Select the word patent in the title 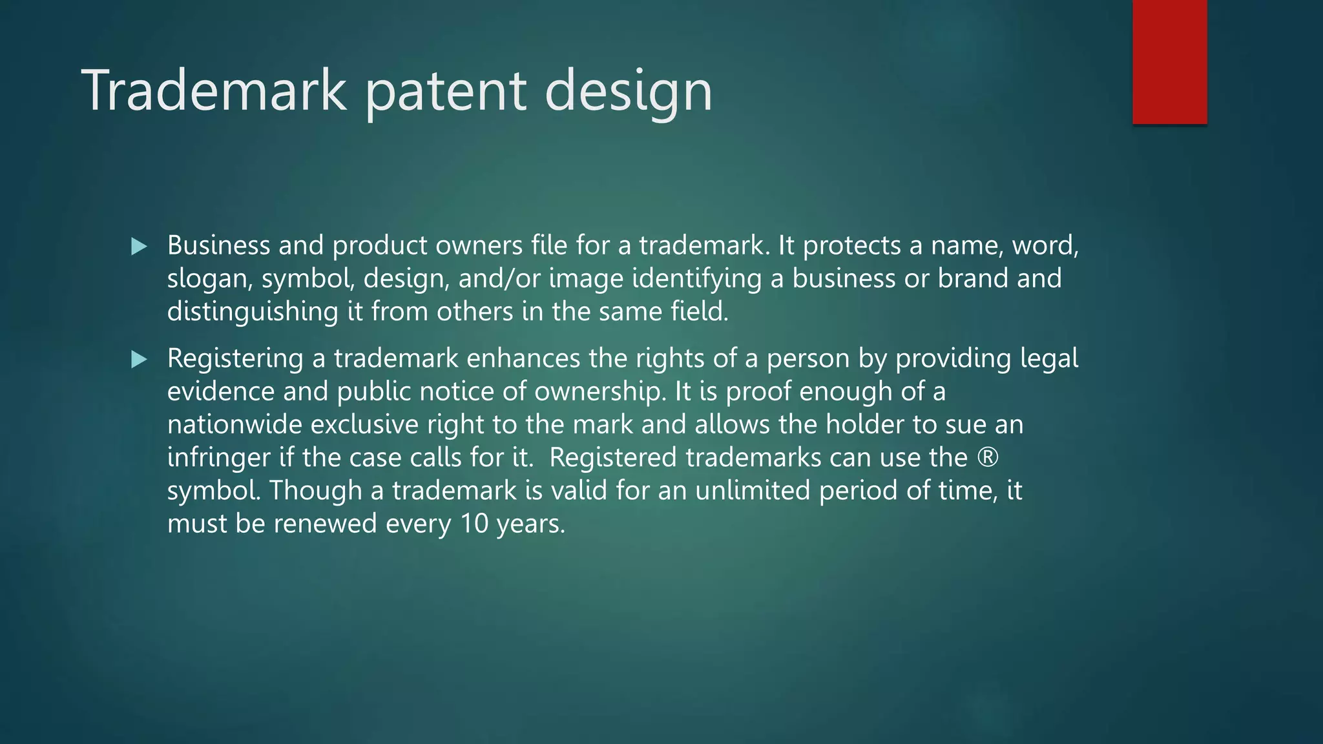pyautogui.click(x=446, y=92)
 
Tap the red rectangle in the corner pyautogui.click(x=1169, y=61)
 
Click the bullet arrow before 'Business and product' pyautogui.click(x=139, y=246)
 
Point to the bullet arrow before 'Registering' pyautogui.click(x=139, y=359)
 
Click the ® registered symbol pyautogui.click(x=988, y=457)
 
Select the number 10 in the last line pyautogui.click(x=474, y=523)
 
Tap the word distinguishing pyautogui.click(x=253, y=312)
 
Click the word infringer pyautogui.click(x=218, y=458)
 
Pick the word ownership pyautogui.click(x=599, y=391)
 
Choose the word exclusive pyautogui.click(x=364, y=424)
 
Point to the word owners pyautogui.click(x=479, y=245)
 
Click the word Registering pyautogui.click(x=235, y=359)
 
